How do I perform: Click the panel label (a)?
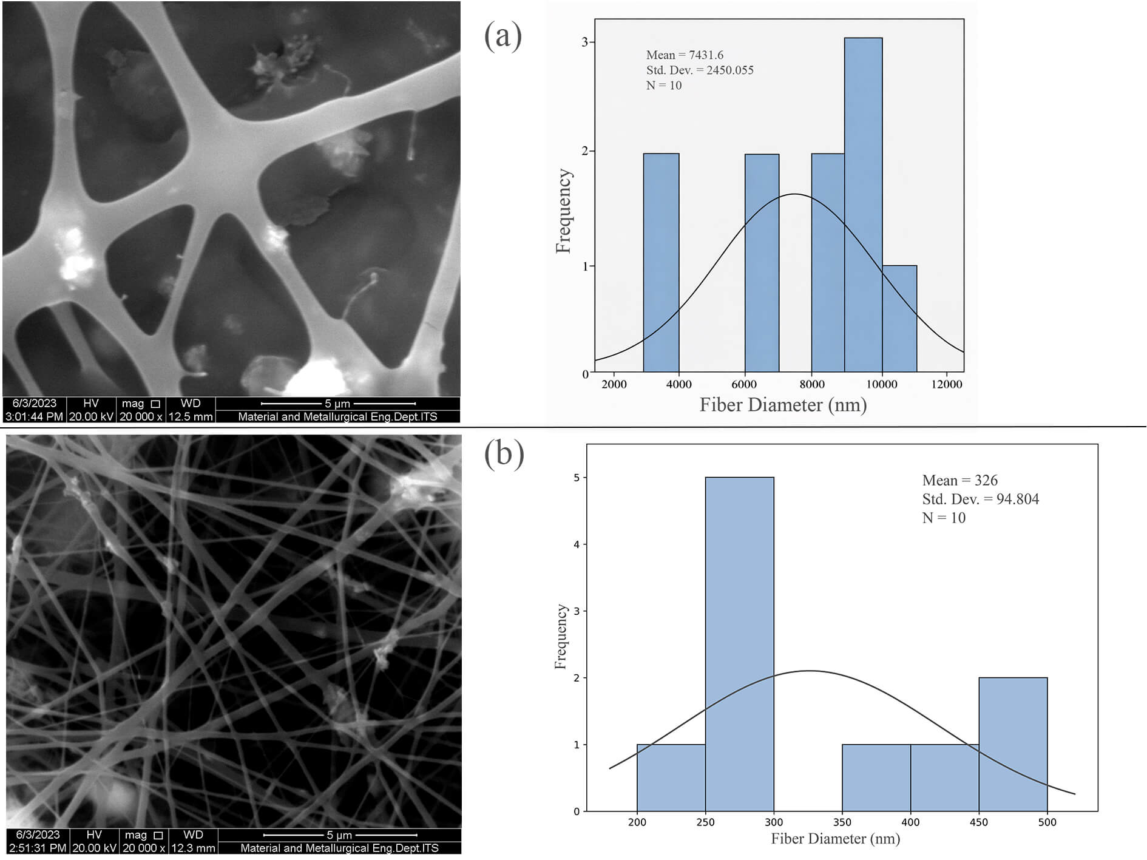point(503,36)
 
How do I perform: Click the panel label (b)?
point(504,454)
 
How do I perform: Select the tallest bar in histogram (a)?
point(863,205)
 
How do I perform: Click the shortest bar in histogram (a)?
point(899,319)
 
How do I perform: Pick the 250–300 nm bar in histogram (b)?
point(739,644)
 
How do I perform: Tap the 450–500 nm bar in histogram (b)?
point(1013,744)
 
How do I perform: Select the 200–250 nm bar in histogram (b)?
point(671,777)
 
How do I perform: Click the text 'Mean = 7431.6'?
point(685,55)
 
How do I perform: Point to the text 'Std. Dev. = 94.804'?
point(980,499)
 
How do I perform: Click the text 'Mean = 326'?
point(959,481)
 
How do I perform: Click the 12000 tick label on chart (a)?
point(947,384)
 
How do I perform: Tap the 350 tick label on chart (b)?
point(842,822)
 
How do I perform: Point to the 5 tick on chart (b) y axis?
point(577,478)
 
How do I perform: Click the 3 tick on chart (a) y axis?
point(585,42)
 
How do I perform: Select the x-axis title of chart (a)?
point(783,405)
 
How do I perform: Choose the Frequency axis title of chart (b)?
point(561,637)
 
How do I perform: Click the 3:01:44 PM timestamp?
point(34,417)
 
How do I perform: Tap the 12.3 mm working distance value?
point(193,848)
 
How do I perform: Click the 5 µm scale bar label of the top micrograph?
point(337,404)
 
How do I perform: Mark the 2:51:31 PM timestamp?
point(36,848)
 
